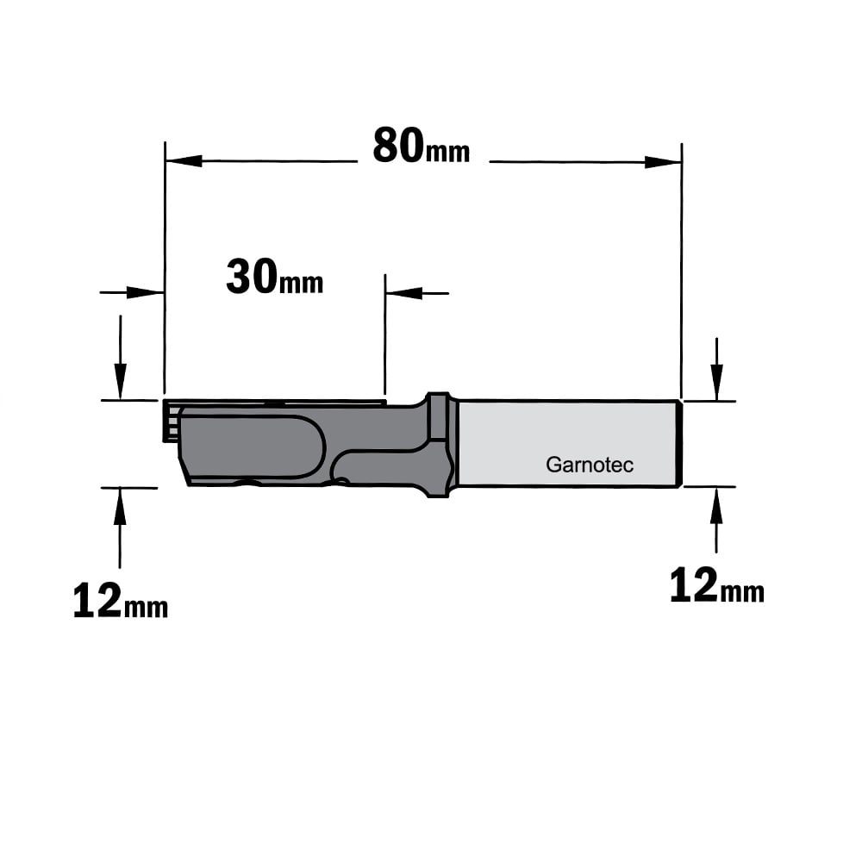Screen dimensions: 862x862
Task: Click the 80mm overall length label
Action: tap(422, 147)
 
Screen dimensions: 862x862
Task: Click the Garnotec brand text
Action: tap(590, 465)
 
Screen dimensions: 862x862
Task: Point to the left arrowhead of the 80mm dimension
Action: tap(184, 161)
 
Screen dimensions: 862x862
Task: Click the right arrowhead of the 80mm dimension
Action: tap(663, 162)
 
